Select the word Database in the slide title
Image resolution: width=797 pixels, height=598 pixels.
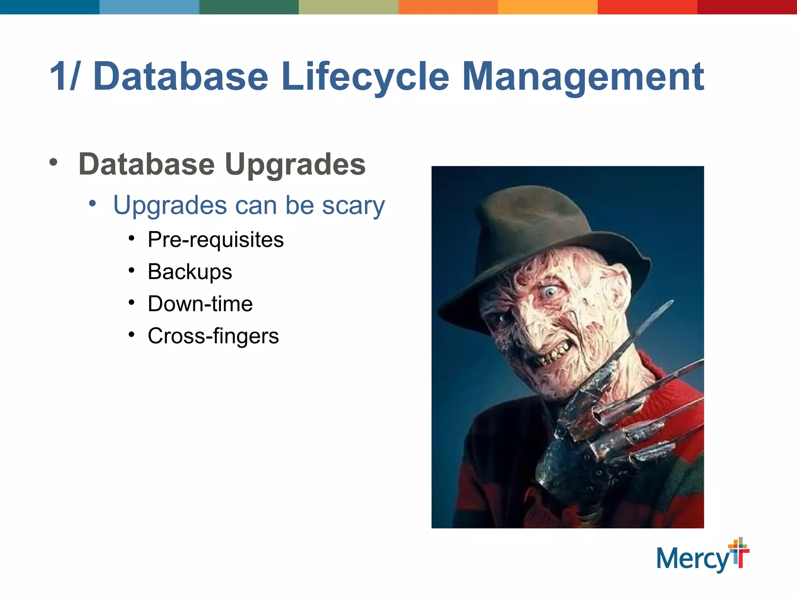click(181, 77)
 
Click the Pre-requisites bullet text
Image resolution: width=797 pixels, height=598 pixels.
click(216, 239)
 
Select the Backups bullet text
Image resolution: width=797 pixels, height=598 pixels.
click(190, 272)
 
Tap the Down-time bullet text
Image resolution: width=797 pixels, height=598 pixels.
click(200, 304)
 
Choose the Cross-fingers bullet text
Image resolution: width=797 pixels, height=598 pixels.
click(213, 336)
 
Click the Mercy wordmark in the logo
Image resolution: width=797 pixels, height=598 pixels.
click(693, 559)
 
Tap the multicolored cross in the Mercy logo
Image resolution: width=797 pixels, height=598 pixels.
click(739, 552)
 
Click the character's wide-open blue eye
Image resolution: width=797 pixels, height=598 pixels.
click(550, 291)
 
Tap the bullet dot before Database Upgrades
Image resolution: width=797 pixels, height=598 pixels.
click(53, 163)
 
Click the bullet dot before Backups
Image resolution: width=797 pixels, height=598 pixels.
click(132, 270)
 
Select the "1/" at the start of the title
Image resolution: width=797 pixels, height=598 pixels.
click(64, 77)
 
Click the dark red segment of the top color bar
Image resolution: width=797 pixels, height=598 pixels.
click(747, 7)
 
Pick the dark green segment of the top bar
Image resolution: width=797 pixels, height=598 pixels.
click(249, 7)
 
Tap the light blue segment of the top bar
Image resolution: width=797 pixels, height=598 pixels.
click(149, 7)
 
